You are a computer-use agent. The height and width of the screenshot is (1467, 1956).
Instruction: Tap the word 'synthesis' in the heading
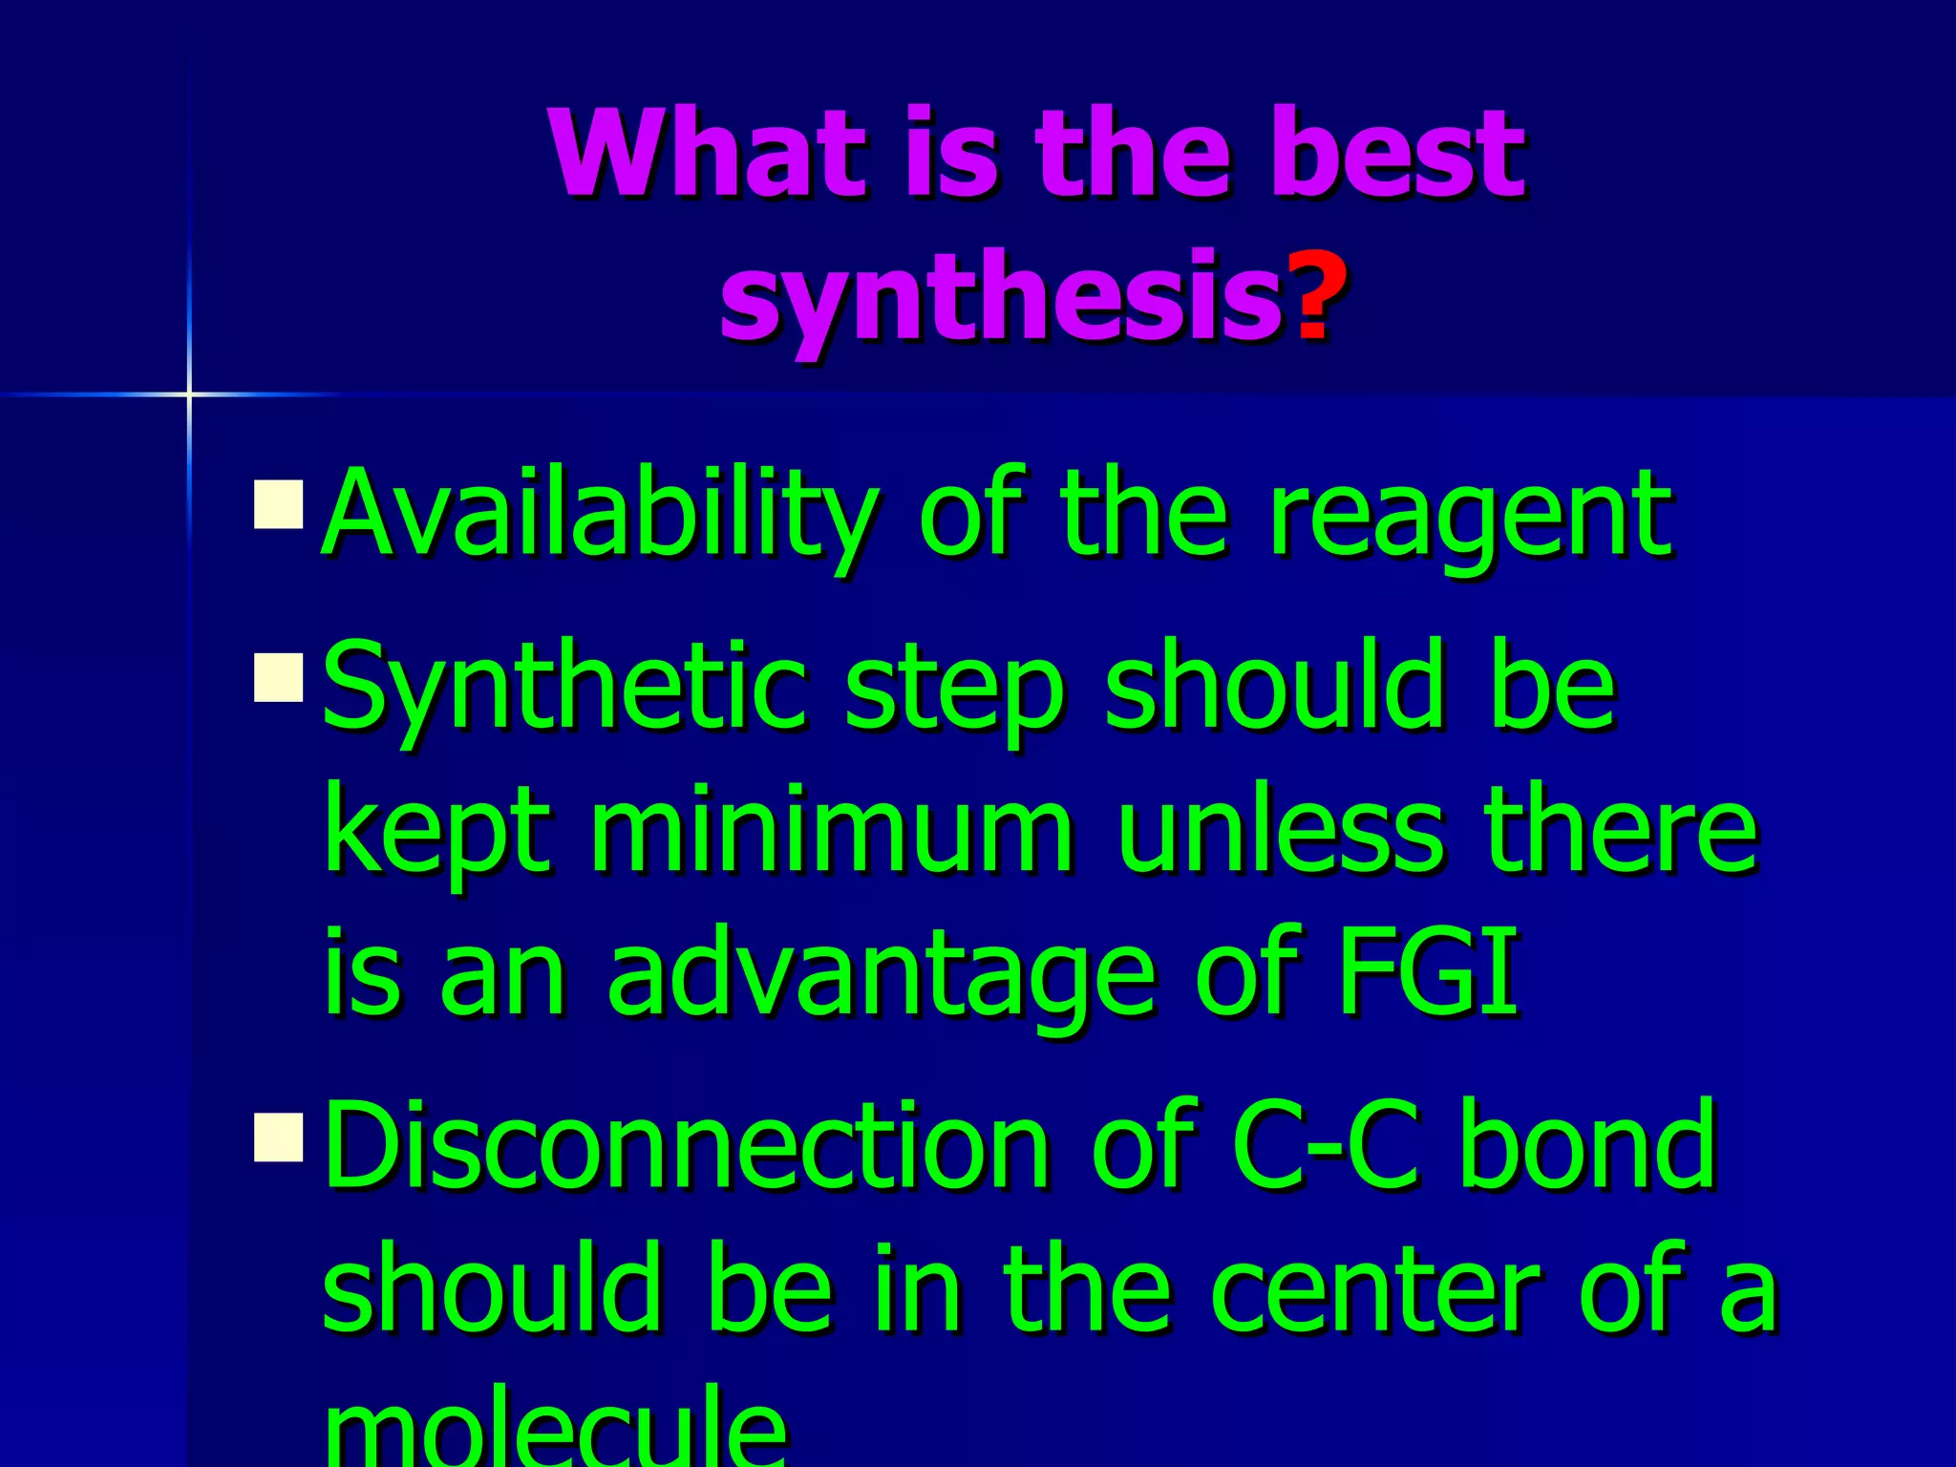(1001, 298)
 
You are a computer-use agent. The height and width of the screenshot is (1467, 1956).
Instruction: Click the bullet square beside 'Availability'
(279, 504)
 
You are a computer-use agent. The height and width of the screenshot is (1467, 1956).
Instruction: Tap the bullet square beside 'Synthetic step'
(279, 677)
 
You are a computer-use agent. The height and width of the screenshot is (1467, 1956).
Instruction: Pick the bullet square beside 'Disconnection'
(279, 1137)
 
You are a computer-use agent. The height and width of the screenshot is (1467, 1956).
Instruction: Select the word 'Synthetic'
(563, 690)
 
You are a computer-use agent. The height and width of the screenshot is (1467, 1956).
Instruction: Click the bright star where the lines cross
(189, 393)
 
